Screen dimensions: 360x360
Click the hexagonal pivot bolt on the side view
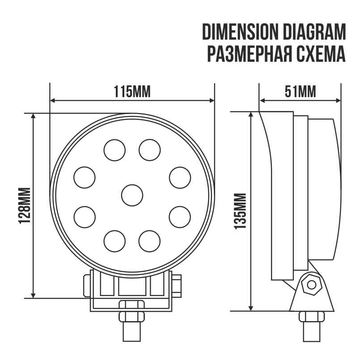tap(311, 284)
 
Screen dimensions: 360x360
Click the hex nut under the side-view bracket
tap(311, 316)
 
